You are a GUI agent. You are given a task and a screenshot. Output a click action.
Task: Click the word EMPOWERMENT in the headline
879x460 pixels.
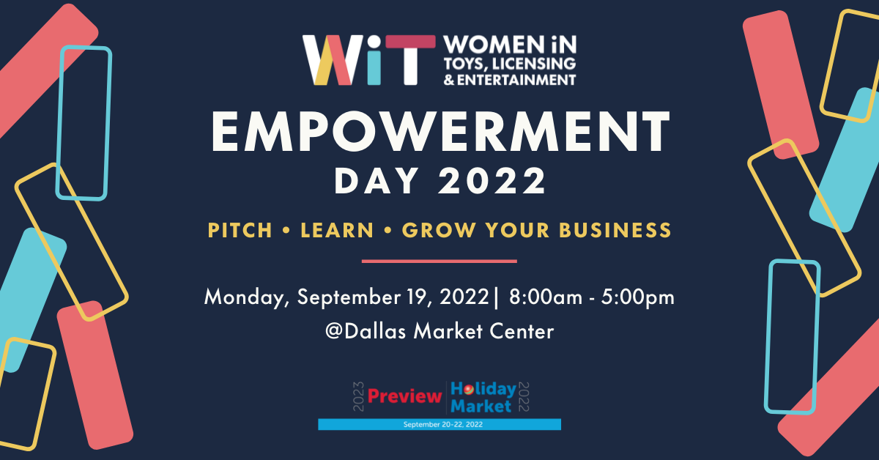[441, 132]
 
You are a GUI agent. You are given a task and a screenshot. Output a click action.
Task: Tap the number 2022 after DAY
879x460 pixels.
[492, 180]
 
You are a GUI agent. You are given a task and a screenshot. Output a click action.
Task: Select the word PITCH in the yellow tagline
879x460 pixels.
[240, 230]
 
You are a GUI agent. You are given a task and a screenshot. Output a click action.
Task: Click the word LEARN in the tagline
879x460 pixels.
[337, 230]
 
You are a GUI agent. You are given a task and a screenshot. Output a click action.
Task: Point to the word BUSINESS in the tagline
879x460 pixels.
[615, 230]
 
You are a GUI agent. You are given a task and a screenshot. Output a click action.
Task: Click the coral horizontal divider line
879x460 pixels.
[439, 261]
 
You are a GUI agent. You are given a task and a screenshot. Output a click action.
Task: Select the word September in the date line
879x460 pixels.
[349, 298]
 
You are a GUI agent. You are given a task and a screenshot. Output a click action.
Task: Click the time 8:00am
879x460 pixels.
[546, 297]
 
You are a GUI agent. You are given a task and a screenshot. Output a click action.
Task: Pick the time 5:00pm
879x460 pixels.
[638, 298]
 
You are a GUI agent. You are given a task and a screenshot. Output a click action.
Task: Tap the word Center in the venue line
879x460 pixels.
[522, 331]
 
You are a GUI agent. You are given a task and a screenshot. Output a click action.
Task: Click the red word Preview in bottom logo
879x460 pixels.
[404, 396]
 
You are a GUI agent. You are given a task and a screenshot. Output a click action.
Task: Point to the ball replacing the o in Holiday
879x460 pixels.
[468, 390]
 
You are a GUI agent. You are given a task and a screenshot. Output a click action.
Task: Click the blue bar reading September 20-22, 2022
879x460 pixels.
[439, 424]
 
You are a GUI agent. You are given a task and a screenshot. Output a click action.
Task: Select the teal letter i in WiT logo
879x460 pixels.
[374, 60]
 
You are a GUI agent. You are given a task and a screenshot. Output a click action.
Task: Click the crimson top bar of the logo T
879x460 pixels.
[410, 42]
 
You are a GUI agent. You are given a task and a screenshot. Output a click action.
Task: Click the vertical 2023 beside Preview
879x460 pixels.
[359, 396]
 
